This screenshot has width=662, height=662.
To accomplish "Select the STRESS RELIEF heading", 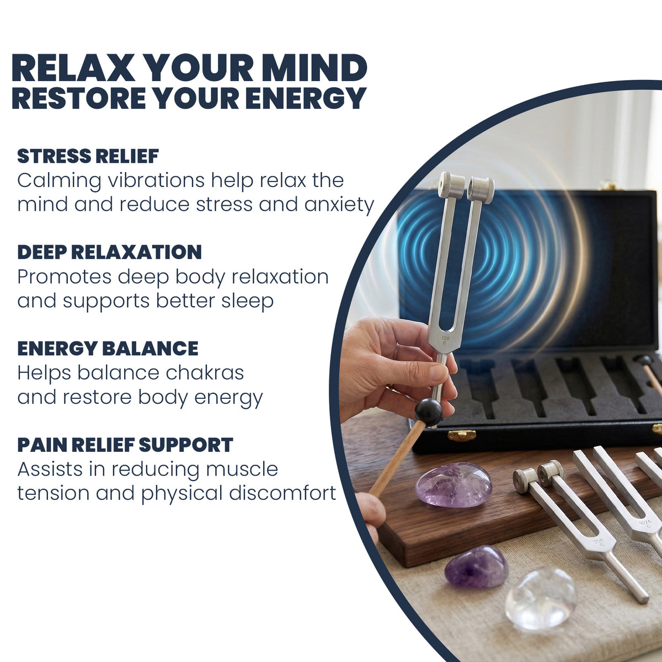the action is pyautogui.click(x=88, y=156).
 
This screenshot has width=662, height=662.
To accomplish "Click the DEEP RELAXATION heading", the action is pyautogui.click(x=109, y=252).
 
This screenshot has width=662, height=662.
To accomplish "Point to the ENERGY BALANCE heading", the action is pyautogui.click(x=108, y=348).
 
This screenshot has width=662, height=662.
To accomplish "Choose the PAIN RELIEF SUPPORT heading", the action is pyautogui.click(x=125, y=445).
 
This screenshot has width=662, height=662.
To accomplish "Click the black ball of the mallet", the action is pyautogui.click(x=429, y=412).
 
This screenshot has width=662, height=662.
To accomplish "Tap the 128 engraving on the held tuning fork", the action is pyautogui.click(x=445, y=338).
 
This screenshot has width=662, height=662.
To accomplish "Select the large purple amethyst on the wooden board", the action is pyautogui.click(x=453, y=484).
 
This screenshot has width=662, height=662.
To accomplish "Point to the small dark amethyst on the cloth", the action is pyautogui.click(x=476, y=567).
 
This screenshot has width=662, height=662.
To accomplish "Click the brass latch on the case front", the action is pyautogui.click(x=462, y=435).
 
